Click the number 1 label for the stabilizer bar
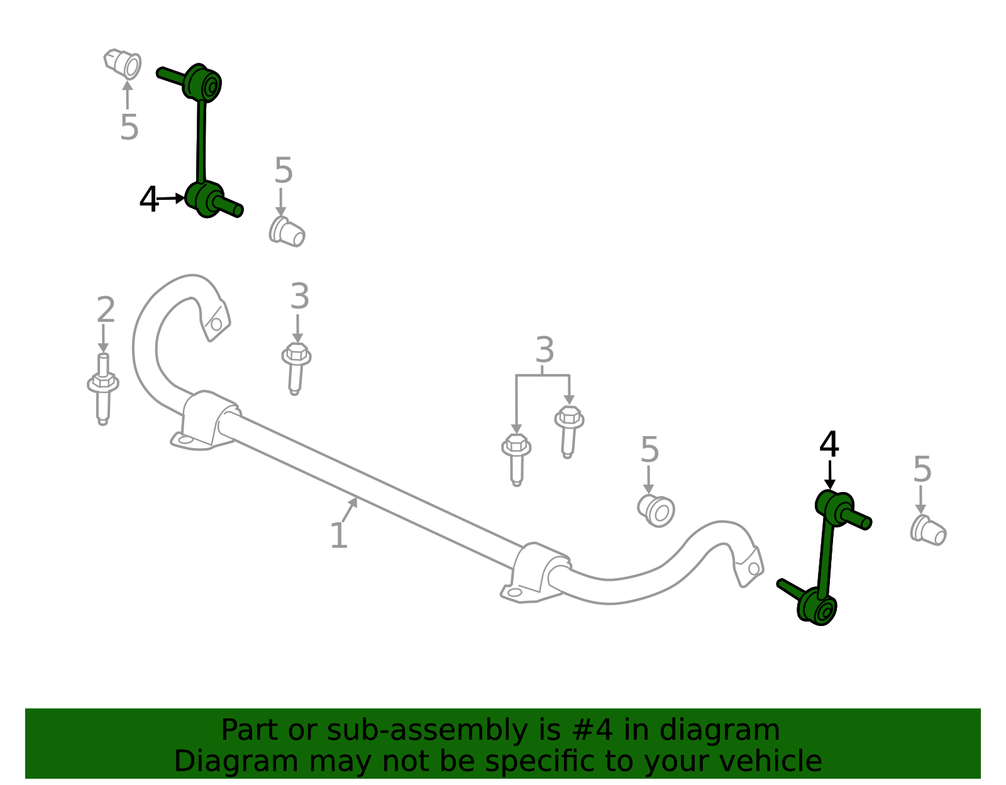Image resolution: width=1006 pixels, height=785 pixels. (x=338, y=535)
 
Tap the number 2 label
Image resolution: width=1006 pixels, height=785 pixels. (x=106, y=309)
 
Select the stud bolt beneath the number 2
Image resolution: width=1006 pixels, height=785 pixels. (x=102, y=389)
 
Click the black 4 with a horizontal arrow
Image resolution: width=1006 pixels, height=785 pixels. (x=148, y=199)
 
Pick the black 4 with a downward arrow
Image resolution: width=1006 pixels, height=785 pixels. (x=829, y=444)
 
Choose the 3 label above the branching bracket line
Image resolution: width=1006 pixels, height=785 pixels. (x=544, y=349)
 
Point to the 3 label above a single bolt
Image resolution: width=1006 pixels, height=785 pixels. (x=299, y=296)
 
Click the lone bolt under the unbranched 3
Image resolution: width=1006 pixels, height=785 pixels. (x=296, y=368)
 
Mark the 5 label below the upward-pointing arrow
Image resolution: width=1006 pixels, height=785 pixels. (x=129, y=127)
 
